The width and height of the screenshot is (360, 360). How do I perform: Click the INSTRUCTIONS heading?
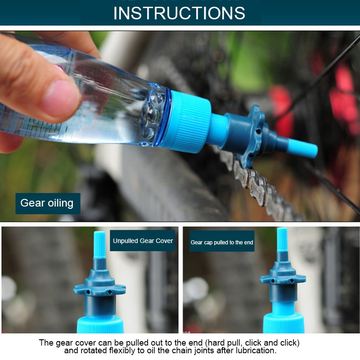179,13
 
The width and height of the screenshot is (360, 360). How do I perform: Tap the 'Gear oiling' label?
47,203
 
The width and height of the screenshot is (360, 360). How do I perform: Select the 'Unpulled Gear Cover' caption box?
143,241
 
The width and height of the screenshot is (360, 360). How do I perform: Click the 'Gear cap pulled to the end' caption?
222,243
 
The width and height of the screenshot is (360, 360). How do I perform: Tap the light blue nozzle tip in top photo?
302,148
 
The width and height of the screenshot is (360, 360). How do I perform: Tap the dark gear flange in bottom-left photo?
99,288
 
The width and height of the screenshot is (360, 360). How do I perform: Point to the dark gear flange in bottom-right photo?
283,278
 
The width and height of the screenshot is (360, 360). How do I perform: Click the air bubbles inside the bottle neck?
151,115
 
